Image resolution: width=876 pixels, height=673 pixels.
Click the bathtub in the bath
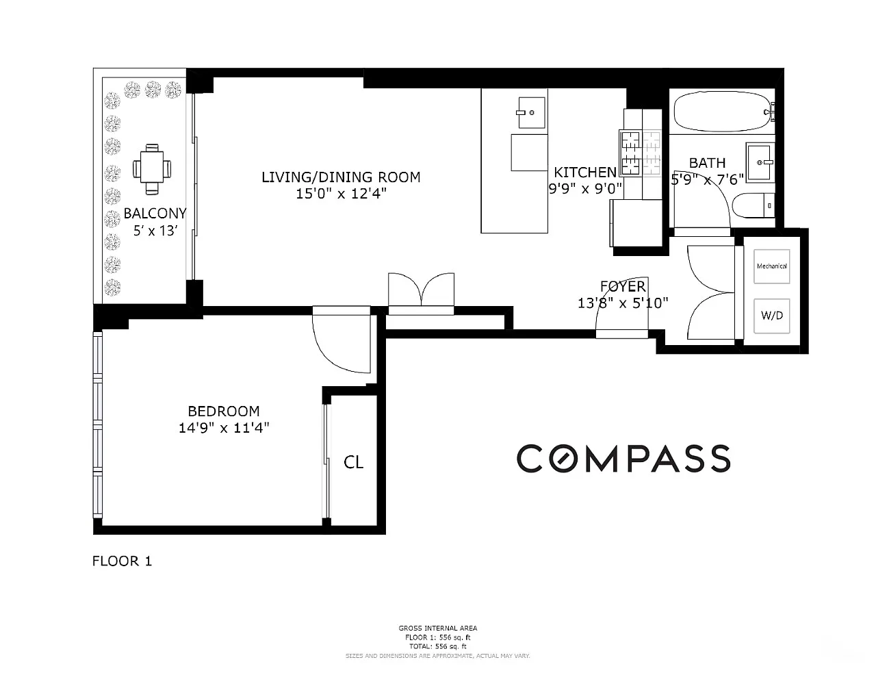point(723,112)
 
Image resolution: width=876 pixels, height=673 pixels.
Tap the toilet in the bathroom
point(753,205)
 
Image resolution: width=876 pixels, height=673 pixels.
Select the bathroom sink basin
point(760,162)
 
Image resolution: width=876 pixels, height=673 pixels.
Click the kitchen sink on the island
point(531,112)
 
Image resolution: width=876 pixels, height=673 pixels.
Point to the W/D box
point(771,316)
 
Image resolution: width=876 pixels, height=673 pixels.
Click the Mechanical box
point(771,266)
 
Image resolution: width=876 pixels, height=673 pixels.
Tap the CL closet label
point(354,462)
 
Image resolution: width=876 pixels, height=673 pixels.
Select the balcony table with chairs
point(152,169)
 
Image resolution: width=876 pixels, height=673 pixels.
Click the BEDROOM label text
point(224,411)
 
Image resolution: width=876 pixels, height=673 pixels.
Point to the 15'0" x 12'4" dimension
point(341,194)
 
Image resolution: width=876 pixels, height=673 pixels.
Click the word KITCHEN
point(585,173)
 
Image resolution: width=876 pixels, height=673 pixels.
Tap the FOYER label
point(623,287)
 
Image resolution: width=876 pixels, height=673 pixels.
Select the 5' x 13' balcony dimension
point(155,231)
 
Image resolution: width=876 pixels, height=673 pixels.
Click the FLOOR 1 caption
point(122,561)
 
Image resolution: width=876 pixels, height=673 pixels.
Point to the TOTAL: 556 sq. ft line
point(438,646)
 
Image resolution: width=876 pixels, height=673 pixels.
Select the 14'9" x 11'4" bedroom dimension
point(224,427)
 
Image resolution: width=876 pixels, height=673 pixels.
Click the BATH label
point(707,163)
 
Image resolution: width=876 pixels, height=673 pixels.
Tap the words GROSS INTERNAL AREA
point(438,628)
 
